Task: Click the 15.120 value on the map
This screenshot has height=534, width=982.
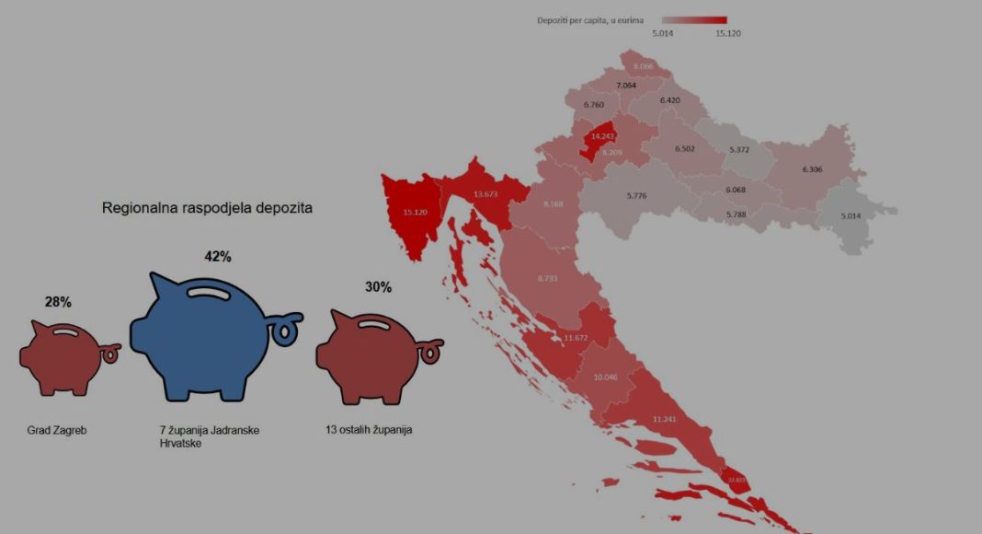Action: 415,212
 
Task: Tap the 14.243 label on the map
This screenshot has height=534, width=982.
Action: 602,136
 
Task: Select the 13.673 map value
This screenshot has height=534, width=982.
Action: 485,194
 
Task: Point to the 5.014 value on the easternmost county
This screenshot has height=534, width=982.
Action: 852,215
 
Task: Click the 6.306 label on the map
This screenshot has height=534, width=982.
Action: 812,169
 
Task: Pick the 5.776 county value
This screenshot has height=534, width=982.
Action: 636,195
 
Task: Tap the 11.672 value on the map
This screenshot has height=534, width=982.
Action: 576,338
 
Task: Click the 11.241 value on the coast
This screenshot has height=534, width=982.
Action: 664,419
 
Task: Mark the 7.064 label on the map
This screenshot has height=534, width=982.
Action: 626,86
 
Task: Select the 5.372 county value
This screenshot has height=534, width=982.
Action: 739,149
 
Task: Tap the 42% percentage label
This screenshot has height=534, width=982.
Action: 217,256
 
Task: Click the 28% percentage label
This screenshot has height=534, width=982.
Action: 58,301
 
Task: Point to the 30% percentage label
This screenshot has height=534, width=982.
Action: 378,287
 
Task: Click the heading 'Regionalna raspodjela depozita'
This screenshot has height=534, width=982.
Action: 207,208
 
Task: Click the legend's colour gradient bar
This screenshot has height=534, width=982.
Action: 694,19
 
